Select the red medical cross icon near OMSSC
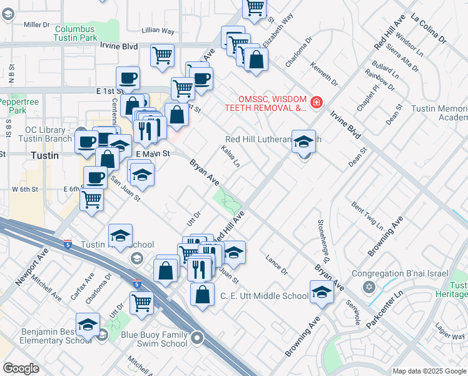[x=317, y=102]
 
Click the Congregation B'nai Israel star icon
[x=369, y=287]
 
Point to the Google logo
[x=21, y=368]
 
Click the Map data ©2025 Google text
[x=429, y=371]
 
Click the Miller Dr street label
[x=36, y=24]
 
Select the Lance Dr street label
[x=276, y=264]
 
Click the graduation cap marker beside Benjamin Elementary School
[x=88, y=325]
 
